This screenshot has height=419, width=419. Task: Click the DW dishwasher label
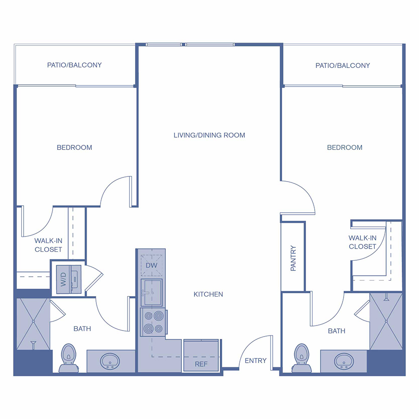(x=152, y=264)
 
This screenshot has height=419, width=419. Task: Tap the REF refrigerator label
(x=201, y=364)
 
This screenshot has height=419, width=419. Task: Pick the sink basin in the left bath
(x=110, y=360)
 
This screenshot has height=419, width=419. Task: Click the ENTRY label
(x=256, y=360)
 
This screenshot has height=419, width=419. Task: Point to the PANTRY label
(x=293, y=258)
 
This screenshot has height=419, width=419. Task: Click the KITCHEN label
(x=209, y=294)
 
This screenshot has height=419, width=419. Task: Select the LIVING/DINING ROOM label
(x=209, y=135)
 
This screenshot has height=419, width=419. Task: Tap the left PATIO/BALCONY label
(x=74, y=65)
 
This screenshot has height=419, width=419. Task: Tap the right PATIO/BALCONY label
(x=343, y=66)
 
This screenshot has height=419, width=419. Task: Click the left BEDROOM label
(x=74, y=148)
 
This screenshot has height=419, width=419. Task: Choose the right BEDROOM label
(x=345, y=148)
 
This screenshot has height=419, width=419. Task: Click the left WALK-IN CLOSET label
(x=48, y=245)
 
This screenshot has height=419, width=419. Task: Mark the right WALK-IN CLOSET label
(x=362, y=242)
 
